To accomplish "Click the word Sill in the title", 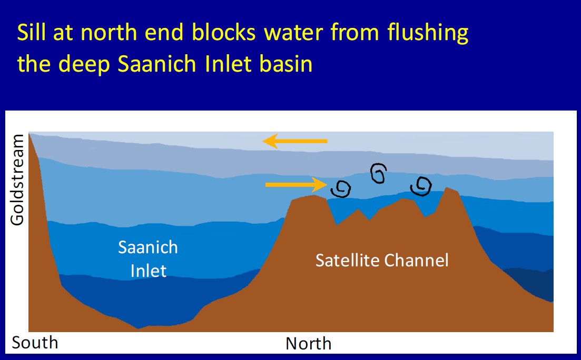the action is pyautogui.click(x=31, y=32).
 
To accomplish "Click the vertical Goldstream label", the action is pyautogui.click(x=17, y=180).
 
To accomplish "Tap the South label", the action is pyautogui.click(x=35, y=343).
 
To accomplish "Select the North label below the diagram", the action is pyautogui.click(x=308, y=343).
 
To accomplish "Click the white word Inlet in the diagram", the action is pyautogui.click(x=148, y=271).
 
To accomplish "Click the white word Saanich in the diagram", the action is pyautogui.click(x=148, y=247).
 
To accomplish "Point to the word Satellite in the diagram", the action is pyautogui.click(x=348, y=260).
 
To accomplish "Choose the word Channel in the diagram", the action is pyautogui.click(x=416, y=260).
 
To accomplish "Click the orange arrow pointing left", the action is pyautogui.click(x=295, y=141).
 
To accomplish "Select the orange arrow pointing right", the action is pyautogui.click(x=296, y=184).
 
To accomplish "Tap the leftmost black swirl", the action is pyautogui.click(x=341, y=189).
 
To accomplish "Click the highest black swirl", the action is pyautogui.click(x=378, y=173).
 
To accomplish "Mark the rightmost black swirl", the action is pyautogui.click(x=421, y=186).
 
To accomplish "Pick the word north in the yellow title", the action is pyautogui.click(x=109, y=32).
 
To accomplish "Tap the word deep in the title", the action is pyautogui.click(x=84, y=65).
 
